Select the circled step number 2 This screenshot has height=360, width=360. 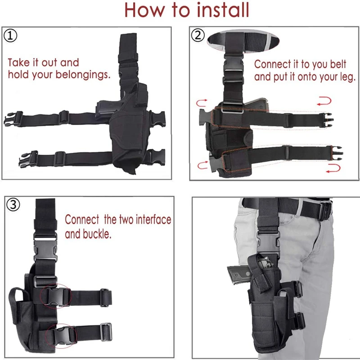coord(198,35)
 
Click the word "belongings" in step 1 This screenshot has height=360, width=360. coord(83,74)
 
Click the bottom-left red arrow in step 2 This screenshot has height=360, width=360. coord(202,166)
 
